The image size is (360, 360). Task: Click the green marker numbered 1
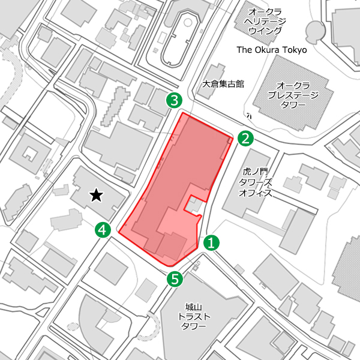211,242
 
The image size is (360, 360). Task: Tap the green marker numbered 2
245,139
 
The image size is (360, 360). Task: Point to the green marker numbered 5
175,278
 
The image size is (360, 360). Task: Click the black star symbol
96,195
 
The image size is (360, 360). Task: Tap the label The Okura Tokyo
272,50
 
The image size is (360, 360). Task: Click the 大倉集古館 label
223,84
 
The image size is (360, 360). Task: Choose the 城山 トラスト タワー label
193,316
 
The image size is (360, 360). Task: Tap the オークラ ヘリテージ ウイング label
265,21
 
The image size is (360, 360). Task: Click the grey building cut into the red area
193,206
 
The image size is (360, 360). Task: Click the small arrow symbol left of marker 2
248,115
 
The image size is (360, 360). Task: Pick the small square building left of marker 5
144,290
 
